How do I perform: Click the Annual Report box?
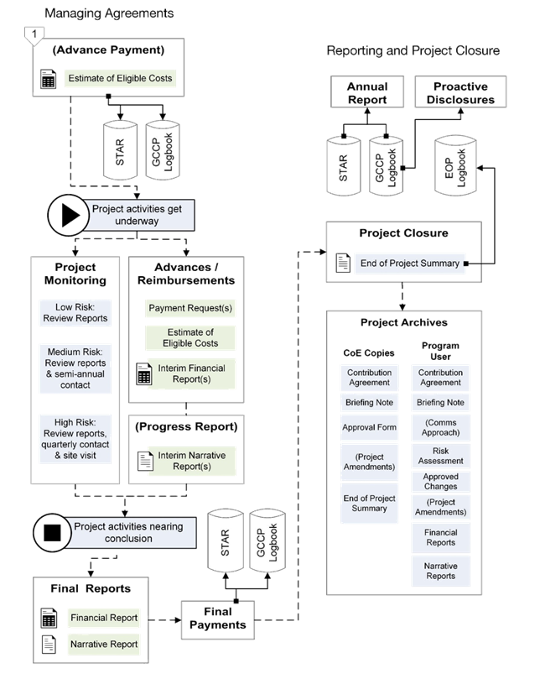pos(366,93)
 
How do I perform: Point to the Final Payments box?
pos(218,618)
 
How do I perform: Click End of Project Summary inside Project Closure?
pos(409,263)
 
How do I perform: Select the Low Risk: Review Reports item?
pos(75,311)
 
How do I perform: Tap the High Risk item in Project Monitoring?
pos(75,437)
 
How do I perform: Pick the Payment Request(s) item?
pos(190,308)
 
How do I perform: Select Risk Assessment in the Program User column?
pos(440,456)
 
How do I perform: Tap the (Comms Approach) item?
pos(440,427)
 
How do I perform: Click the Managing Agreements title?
pos(109,13)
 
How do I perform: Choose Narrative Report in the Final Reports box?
pos(103,644)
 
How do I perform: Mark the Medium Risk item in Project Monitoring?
pos(75,368)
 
